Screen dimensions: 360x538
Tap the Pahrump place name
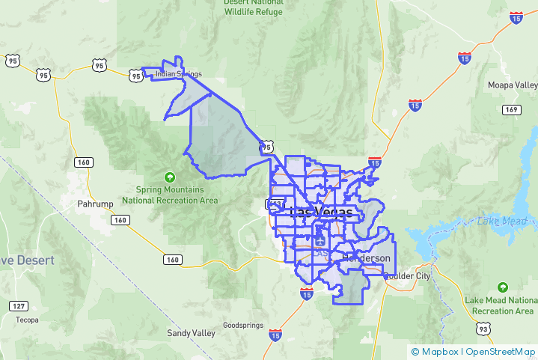pyautogui.click(x=95, y=204)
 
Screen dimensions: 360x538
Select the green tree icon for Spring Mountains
pyautogui.click(x=170, y=177)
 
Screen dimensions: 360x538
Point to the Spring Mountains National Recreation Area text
pyautogui.click(x=170, y=195)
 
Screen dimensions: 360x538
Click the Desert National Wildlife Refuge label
pyautogui.click(x=254, y=7)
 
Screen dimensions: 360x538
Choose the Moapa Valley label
pyautogui.click(x=513, y=85)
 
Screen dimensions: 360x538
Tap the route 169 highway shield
pyautogui.click(x=511, y=110)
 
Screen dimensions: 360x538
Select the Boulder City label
pyautogui.click(x=409, y=276)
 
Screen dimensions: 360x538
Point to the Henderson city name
pyautogui.click(x=366, y=258)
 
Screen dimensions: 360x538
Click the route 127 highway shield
pyautogui.click(x=19, y=306)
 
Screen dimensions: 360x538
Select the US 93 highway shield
pyautogui.click(x=483, y=329)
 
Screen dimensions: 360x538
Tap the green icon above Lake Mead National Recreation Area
pyautogui.click(x=503, y=287)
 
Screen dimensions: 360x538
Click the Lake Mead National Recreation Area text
pyautogui.click(x=500, y=305)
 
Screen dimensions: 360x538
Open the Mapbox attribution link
pyautogui.click(x=439, y=351)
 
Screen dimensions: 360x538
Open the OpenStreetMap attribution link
pyautogui.click(x=500, y=351)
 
